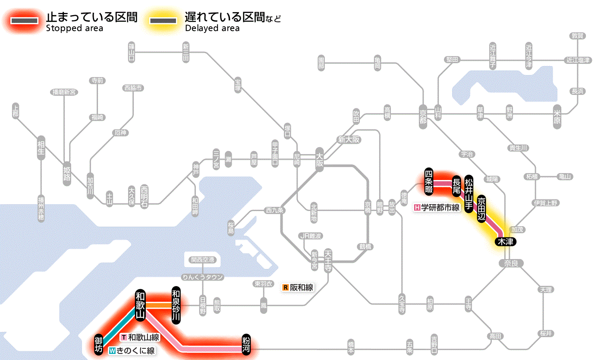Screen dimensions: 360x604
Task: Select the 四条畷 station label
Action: tap(429, 180)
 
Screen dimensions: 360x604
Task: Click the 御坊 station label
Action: tap(99, 344)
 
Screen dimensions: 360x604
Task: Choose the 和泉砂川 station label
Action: tap(176, 305)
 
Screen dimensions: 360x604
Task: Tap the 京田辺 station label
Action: tap(481, 208)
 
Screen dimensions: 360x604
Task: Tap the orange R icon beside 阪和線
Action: tap(285, 287)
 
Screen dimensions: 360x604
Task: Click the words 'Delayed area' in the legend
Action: tap(212, 28)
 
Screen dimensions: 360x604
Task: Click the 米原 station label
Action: tap(557, 116)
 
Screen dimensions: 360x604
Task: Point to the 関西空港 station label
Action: tap(203, 260)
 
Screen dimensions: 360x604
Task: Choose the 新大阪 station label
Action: tap(349, 140)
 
